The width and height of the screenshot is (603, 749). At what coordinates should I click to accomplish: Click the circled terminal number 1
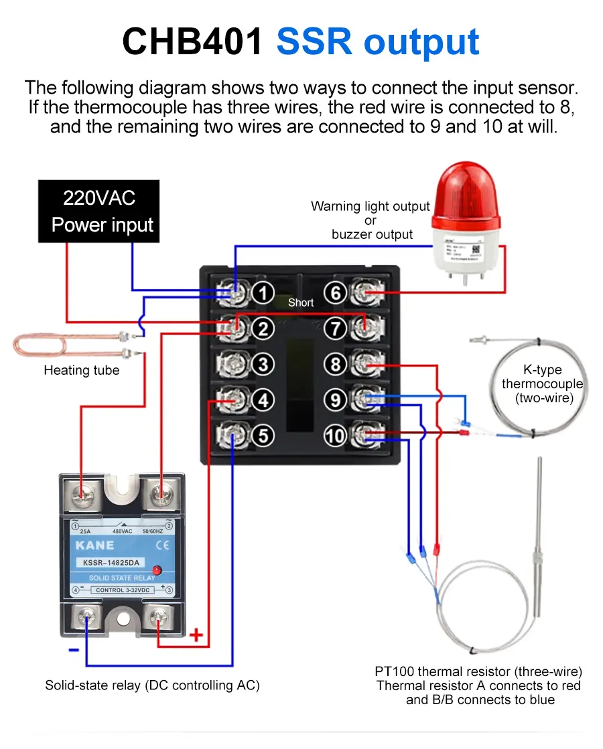click(x=263, y=293)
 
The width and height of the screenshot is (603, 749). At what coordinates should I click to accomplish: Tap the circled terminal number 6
click(x=335, y=293)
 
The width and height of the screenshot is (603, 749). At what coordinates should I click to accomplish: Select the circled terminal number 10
click(x=334, y=436)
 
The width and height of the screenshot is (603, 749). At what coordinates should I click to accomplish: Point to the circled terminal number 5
click(x=263, y=436)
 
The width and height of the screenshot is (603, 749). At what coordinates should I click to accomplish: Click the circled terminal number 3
click(x=263, y=364)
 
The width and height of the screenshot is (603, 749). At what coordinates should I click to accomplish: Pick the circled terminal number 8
click(x=335, y=364)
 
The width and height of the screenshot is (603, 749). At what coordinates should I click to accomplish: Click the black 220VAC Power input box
click(x=98, y=211)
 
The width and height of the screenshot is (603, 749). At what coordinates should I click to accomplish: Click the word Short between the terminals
click(x=301, y=303)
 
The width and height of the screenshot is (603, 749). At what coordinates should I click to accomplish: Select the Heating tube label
click(x=81, y=370)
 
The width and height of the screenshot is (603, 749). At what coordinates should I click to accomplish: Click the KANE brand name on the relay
click(x=95, y=546)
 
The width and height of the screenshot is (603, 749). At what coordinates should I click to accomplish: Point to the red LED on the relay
click(x=157, y=570)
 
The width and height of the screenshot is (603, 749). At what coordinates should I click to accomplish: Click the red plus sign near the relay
click(x=196, y=635)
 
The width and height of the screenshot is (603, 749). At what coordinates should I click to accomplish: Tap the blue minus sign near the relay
click(x=74, y=649)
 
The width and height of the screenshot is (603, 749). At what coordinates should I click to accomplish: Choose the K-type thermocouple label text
click(x=542, y=384)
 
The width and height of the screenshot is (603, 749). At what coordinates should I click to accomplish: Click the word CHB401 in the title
click(x=193, y=41)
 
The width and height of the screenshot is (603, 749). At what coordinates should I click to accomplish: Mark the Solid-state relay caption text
click(x=152, y=685)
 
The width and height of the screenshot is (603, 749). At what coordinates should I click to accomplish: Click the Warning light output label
click(x=371, y=207)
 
